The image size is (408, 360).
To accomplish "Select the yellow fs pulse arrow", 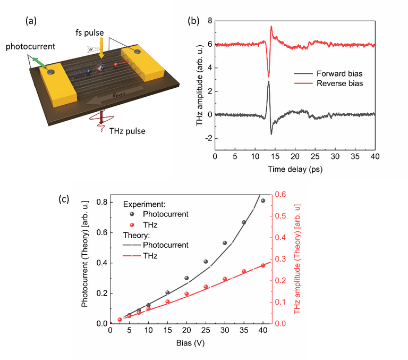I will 102,49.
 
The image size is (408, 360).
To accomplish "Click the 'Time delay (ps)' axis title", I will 295,170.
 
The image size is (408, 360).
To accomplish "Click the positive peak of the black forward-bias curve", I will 269,81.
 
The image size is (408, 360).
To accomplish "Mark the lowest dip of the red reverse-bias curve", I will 269,77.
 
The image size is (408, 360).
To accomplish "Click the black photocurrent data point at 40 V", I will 263,200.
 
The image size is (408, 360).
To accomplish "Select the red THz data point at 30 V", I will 225,279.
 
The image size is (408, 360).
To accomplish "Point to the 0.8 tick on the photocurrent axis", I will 101,202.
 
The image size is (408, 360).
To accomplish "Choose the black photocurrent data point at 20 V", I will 186,278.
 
